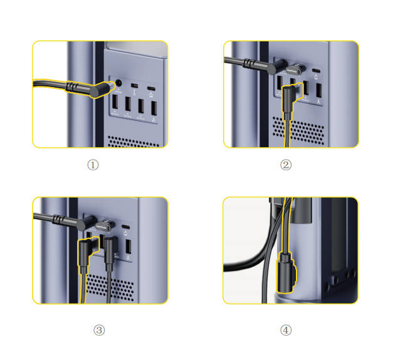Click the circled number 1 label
[x=93, y=165]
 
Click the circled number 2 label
[x=286, y=165]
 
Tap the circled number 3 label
[x=99, y=331]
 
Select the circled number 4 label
[x=286, y=331]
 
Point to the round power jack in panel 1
[x=118, y=83]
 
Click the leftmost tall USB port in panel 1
[x=115, y=101]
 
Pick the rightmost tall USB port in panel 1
[x=154, y=108]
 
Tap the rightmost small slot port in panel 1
[x=151, y=88]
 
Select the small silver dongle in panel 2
[x=295, y=69]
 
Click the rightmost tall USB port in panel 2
[x=319, y=90]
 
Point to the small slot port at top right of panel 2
[x=316, y=71]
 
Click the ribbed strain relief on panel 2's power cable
[x=250, y=63]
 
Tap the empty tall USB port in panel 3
[x=128, y=247]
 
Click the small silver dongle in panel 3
[x=105, y=225]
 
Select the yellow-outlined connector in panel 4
[x=286, y=272]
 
